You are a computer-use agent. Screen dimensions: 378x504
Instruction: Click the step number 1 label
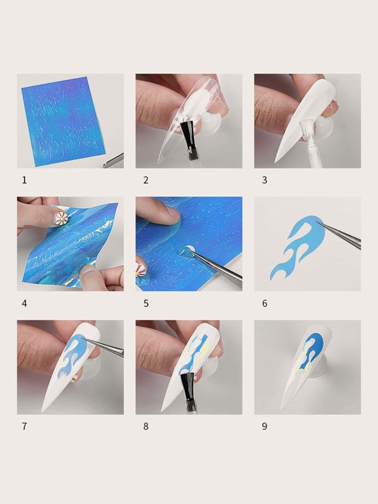click(x=25, y=180)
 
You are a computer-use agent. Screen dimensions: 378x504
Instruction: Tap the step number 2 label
click(x=146, y=180)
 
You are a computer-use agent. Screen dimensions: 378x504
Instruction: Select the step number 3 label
click(x=264, y=180)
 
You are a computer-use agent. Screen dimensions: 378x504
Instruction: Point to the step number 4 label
click(x=25, y=303)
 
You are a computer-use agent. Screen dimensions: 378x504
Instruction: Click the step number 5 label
click(x=146, y=303)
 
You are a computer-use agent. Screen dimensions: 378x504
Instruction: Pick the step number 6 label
click(x=264, y=303)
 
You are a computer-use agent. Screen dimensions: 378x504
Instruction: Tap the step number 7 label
click(x=25, y=426)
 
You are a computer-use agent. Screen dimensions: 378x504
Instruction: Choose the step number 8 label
click(x=146, y=426)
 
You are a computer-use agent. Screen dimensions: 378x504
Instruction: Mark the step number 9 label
click(x=264, y=426)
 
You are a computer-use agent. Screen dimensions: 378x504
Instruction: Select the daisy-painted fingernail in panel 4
click(x=61, y=218)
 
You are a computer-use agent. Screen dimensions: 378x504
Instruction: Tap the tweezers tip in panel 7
click(x=82, y=338)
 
